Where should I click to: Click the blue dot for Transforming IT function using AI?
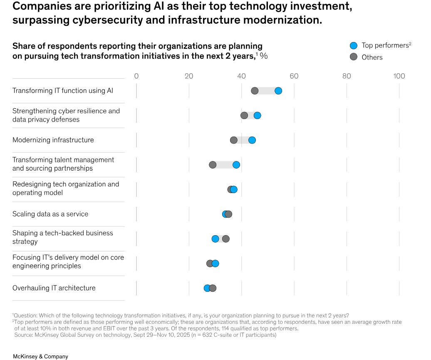(x=278, y=91)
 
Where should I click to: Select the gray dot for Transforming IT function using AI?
(x=255, y=91)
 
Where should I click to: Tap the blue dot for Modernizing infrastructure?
(x=252, y=140)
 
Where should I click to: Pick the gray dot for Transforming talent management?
(x=213, y=165)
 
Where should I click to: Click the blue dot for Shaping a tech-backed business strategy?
(x=215, y=239)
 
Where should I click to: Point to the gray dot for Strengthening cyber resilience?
(x=244, y=116)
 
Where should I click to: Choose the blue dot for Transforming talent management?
(x=236, y=165)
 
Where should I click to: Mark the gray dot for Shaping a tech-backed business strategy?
(x=225, y=239)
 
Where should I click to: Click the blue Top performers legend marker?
(x=354, y=45)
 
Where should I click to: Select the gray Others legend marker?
(x=354, y=57)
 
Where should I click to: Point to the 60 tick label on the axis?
(x=294, y=76)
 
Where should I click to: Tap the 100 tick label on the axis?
(x=399, y=76)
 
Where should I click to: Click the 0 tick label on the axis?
(x=136, y=76)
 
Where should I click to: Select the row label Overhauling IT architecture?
(x=54, y=288)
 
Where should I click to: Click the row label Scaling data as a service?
(x=50, y=214)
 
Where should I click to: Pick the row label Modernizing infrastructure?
(x=53, y=140)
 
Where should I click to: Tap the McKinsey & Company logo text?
(x=40, y=356)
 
